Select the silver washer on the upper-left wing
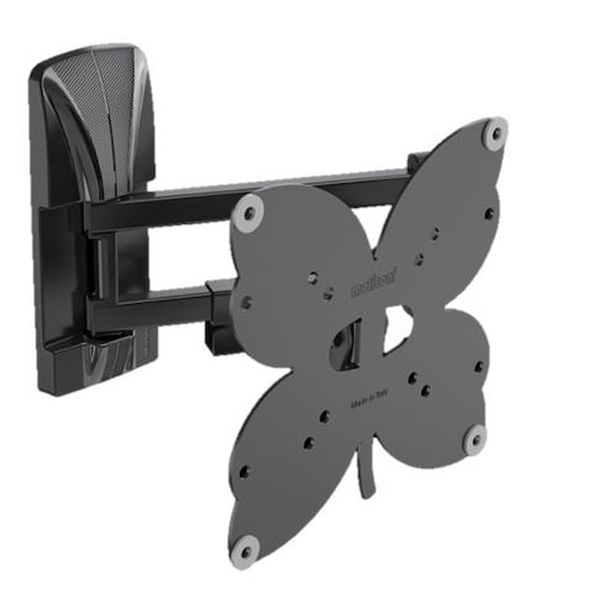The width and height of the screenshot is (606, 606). click(x=246, y=214)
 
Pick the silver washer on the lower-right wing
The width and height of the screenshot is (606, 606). click(x=474, y=439)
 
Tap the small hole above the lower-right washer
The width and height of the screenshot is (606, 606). click(x=478, y=367)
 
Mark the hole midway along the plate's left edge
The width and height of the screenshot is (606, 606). click(x=246, y=302)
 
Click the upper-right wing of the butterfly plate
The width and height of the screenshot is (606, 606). click(x=446, y=204)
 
